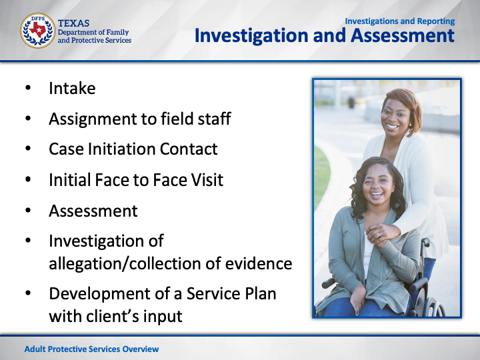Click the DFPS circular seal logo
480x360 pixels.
click(37, 31)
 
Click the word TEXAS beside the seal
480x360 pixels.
click(73, 23)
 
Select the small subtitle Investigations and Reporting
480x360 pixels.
click(400, 21)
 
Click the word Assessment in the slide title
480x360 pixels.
click(403, 35)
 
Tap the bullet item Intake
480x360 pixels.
click(72, 88)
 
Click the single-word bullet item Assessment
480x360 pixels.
click(93, 211)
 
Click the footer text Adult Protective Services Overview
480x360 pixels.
click(91, 349)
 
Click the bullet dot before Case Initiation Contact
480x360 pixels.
click(28, 149)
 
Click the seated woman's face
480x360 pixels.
click(377, 185)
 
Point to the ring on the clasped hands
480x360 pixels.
click(378, 235)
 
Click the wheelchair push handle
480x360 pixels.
click(425, 243)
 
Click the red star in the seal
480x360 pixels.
click(37, 30)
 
